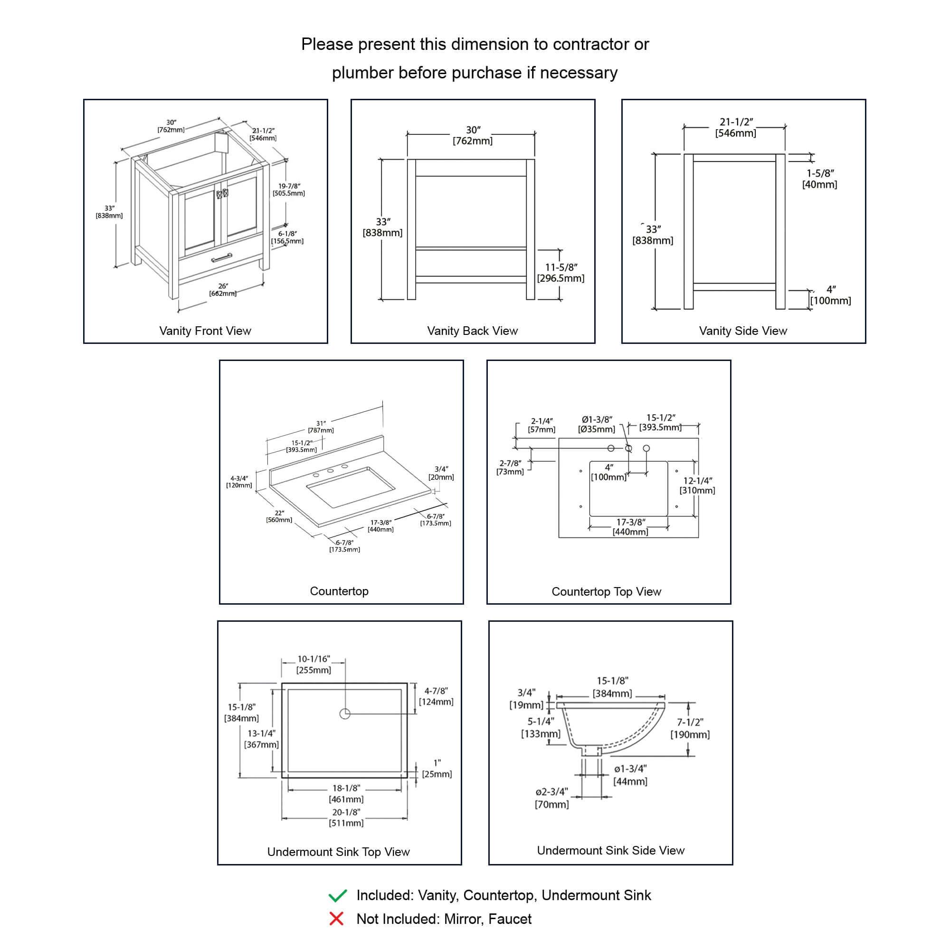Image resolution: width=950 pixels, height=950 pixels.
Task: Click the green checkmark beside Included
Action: point(337,896)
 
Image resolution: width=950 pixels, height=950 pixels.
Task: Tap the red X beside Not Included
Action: point(336,919)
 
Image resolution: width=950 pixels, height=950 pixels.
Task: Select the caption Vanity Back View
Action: point(472,331)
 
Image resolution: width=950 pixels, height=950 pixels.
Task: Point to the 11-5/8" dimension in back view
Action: point(560,273)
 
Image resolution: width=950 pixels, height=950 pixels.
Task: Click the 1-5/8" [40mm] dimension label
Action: point(819,179)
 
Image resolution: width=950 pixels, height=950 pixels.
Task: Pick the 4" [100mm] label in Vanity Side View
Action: point(830,295)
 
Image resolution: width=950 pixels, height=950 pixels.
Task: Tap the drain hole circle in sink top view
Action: point(345,713)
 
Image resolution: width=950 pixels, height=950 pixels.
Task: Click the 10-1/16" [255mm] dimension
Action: point(313,665)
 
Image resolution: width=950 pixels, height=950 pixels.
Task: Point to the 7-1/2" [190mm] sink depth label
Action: point(690,728)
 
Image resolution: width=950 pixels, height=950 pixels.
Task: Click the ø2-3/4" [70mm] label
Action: point(551,798)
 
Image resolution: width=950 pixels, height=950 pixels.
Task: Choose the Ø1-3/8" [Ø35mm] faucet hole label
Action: point(597,424)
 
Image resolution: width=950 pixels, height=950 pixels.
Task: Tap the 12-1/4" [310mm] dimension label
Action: point(697,485)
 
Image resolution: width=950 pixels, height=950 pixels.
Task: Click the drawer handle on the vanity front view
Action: point(221,257)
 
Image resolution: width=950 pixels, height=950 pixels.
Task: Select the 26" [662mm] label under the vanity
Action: point(223,290)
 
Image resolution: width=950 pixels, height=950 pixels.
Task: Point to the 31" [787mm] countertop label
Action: point(321,427)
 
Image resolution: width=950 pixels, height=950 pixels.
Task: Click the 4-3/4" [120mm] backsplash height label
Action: point(239,481)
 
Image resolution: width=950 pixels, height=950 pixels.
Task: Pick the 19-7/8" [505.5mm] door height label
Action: point(289,190)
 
